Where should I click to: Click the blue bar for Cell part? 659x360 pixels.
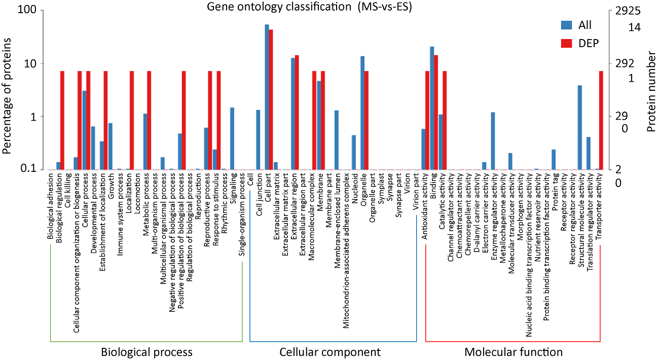coord(267,97)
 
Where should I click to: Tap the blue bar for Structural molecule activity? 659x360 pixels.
coord(580,127)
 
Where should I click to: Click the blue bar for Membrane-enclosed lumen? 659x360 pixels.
coord(336,139)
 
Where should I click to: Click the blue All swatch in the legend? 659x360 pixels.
coord(566,25)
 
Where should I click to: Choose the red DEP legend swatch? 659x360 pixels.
coord(566,43)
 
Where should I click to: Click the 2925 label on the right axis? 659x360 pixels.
coord(627,11)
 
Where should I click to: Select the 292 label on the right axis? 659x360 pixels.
coord(624,64)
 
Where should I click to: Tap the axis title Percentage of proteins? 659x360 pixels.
coord(9,90)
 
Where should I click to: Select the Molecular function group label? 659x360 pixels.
coord(513,352)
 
